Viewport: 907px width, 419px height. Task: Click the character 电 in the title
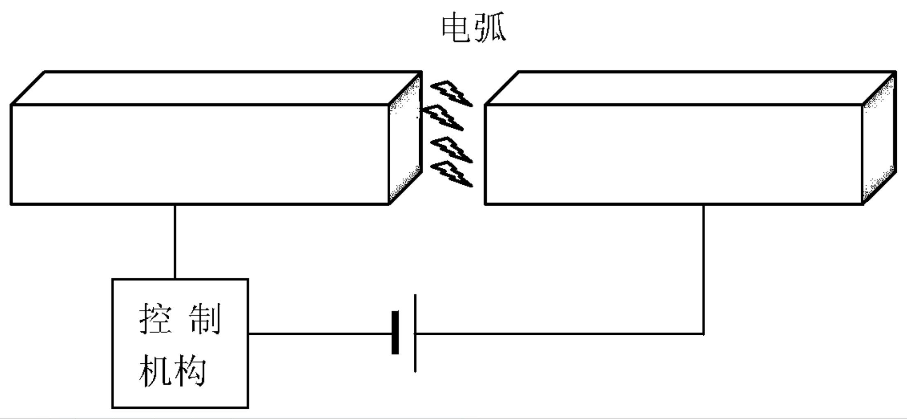point(456,28)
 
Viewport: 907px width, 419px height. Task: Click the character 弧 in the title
point(491,28)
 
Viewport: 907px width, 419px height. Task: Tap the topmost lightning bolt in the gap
point(451,94)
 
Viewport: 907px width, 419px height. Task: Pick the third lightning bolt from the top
point(451,150)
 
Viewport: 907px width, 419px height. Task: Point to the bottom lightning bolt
point(451,174)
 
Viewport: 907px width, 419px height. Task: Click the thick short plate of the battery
point(395,332)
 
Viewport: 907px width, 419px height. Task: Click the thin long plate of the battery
point(415,332)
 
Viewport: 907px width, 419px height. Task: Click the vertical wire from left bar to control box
point(175,241)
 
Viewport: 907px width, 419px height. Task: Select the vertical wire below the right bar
point(703,268)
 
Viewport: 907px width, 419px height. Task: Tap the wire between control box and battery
point(319,333)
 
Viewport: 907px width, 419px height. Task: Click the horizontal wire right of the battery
point(556,333)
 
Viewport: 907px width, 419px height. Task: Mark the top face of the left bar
point(216,88)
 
